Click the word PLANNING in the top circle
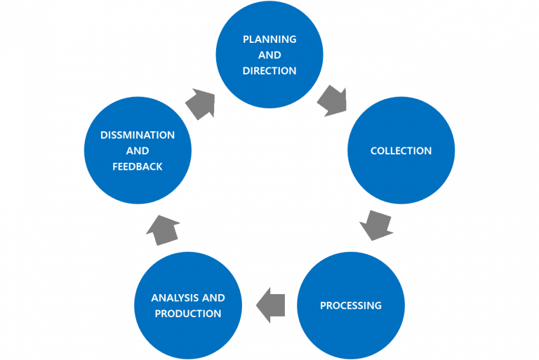pos(269,39)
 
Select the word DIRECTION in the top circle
pos(269,71)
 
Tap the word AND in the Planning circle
pos(269,55)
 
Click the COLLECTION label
pos(401,151)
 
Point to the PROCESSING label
pos(350,305)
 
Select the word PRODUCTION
pos(188,314)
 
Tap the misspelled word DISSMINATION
pos(138,135)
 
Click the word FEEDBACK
pos(138,166)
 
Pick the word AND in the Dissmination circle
pos(138,151)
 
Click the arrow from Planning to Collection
pos(331,101)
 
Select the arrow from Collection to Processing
pos(376,224)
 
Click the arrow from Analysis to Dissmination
pos(164,229)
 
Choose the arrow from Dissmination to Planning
pos(201,104)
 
